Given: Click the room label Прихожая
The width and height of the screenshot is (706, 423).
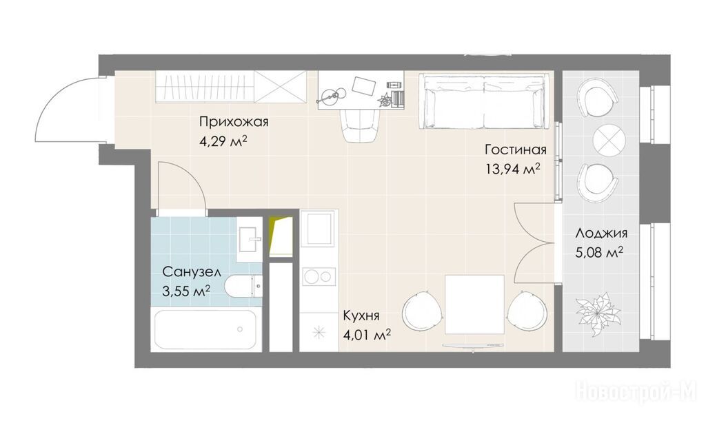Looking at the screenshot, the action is tap(234, 122).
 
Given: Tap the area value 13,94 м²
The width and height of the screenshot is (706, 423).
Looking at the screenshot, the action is tap(512, 169).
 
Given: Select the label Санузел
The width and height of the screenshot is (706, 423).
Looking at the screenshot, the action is tap(192, 272).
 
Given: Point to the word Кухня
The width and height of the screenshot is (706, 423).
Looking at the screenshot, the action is tap(361, 316).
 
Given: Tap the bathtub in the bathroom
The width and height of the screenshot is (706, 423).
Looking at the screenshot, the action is tap(205, 329).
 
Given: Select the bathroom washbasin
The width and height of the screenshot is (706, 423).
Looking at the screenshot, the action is tap(250, 239).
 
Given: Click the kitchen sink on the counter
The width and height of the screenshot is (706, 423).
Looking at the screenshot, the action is tap(319, 229).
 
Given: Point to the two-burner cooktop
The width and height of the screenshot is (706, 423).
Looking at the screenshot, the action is tap(319, 276).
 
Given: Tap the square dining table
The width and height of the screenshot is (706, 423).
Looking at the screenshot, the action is tap(474, 305).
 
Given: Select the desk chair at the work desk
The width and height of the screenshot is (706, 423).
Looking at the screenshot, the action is tap(361, 125).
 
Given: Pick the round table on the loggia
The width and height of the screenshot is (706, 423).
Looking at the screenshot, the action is tap(609, 140).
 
